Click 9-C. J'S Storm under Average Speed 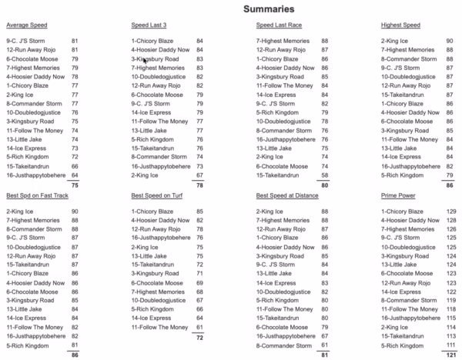tap(28, 39)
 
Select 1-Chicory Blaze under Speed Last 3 tap(154, 39)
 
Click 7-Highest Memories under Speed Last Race tap(282, 39)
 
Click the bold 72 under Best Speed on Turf tap(199, 337)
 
